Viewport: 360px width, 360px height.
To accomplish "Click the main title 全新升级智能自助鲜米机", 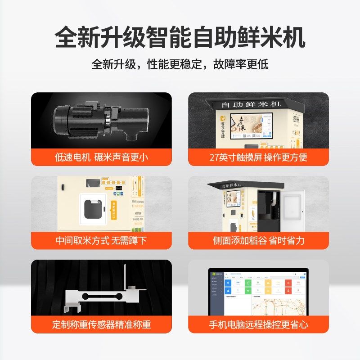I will pos(180,38).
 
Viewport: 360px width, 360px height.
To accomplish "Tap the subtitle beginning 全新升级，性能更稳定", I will pos(180,64).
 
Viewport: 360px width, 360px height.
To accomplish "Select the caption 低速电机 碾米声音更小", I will pos(101,157).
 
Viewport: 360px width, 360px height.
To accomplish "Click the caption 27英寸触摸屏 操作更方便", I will pos(258,157).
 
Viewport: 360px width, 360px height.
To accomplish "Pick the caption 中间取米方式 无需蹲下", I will pos(101,240).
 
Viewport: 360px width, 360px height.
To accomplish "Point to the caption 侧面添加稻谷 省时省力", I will pos(258,240).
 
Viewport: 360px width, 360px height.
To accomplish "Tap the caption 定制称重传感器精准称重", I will pos(101,324).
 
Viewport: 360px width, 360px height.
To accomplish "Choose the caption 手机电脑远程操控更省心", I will pos(258,324).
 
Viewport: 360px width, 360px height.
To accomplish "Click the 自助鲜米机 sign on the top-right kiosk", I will pos(252,104).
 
